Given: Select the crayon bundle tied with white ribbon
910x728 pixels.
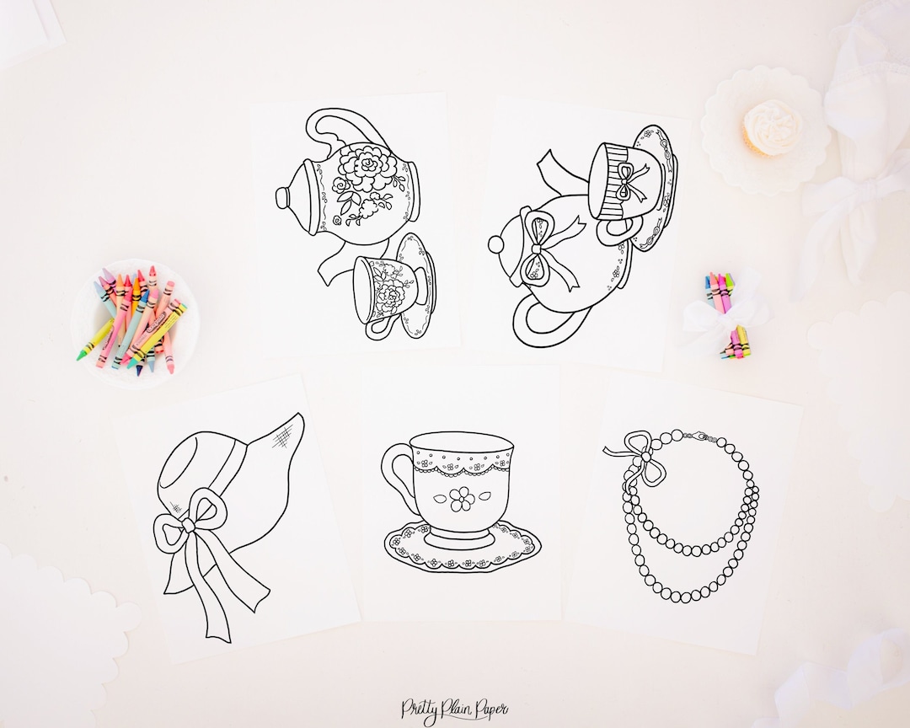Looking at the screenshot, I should [x=727, y=316].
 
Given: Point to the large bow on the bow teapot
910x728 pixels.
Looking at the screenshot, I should [x=533, y=249].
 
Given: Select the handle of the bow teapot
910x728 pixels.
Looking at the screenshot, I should [x=539, y=324].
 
